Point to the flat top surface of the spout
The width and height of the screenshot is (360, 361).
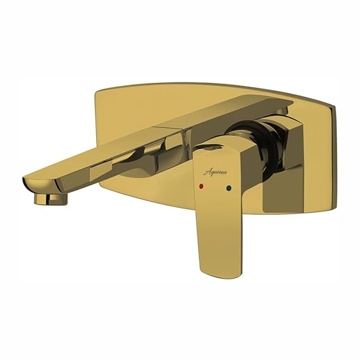point(158,127)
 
